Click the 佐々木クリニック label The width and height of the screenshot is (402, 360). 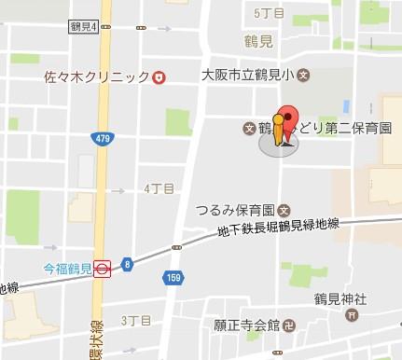96,77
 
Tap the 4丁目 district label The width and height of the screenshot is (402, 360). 159,188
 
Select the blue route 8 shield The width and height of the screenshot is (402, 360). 126,264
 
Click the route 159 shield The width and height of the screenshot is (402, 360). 172,277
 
